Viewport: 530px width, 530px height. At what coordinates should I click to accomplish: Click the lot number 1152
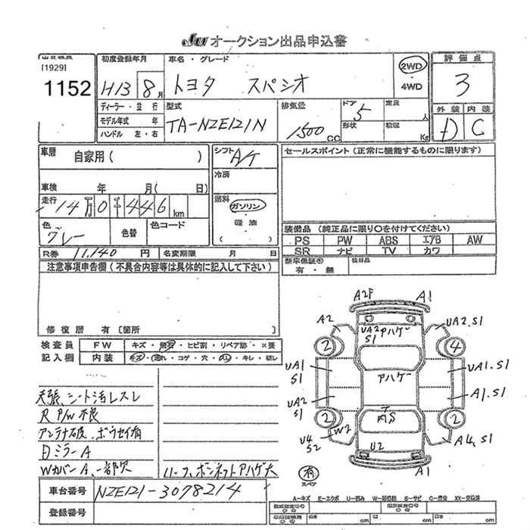coord(68,88)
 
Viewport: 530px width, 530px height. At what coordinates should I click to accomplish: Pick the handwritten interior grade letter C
coord(479,126)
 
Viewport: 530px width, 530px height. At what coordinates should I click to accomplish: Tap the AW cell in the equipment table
coord(474,240)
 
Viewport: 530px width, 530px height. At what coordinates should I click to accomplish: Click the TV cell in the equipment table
coord(388,250)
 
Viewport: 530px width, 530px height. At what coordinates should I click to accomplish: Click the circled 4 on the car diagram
coord(454,348)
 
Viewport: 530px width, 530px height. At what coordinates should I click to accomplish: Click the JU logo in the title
coord(193,41)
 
